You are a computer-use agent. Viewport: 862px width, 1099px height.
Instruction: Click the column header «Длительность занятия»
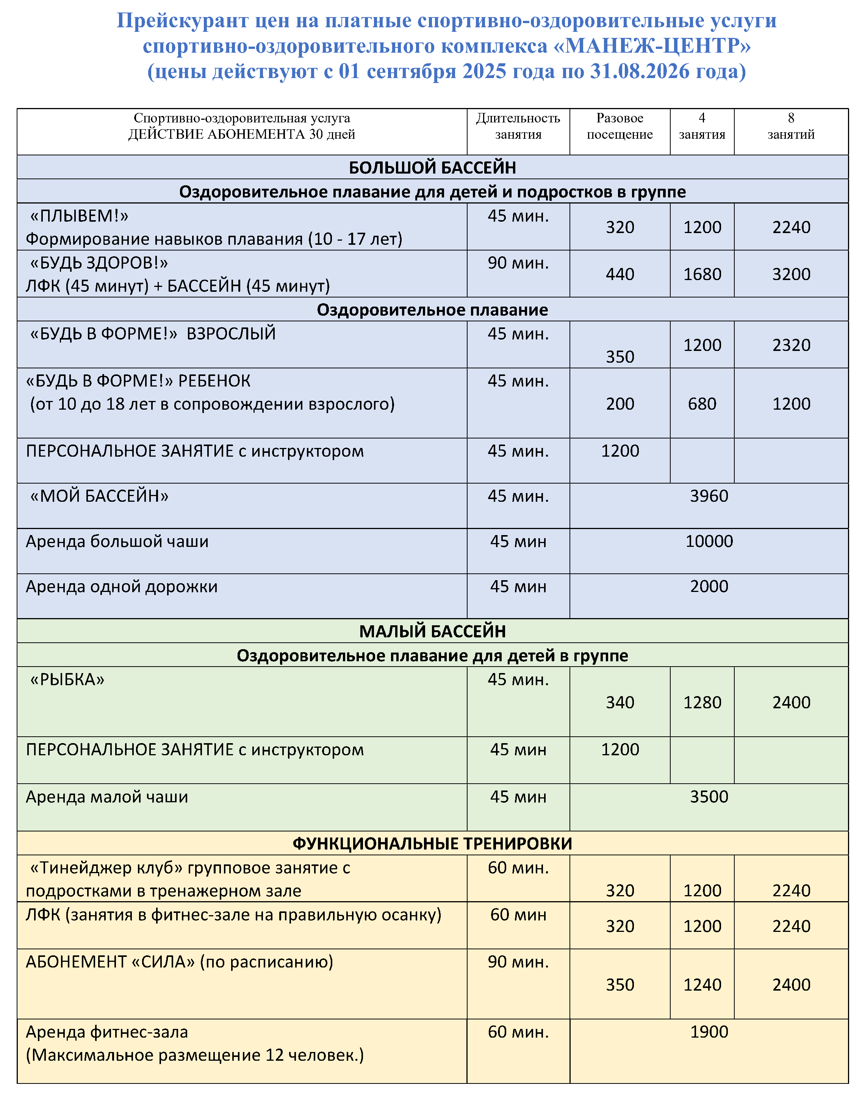tap(518, 126)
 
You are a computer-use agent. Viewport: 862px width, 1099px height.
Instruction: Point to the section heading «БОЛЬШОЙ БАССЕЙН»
tap(432, 168)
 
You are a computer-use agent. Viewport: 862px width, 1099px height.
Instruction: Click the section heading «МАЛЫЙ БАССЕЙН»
tap(432, 631)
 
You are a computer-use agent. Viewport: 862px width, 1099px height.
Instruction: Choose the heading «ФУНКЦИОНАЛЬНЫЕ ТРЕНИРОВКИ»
tap(432, 844)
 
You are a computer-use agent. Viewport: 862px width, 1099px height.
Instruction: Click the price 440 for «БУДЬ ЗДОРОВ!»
tap(620, 274)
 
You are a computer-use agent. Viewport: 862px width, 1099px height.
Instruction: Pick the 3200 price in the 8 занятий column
tap(791, 274)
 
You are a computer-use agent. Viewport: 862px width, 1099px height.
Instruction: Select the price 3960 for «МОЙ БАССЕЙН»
tap(709, 496)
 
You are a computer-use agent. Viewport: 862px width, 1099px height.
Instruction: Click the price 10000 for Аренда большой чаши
tap(709, 541)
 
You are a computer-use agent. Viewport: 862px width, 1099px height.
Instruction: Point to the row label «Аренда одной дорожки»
tap(122, 587)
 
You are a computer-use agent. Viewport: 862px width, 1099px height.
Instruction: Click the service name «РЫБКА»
tap(67, 679)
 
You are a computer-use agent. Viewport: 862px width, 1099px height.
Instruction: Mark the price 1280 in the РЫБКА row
tap(702, 702)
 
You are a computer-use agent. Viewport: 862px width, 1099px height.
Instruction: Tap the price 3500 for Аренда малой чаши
tap(709, 797)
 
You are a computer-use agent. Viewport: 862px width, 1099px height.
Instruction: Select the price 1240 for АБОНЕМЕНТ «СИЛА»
tap(702, 985)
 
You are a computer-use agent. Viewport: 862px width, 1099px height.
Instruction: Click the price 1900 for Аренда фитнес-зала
tap(709, 1032)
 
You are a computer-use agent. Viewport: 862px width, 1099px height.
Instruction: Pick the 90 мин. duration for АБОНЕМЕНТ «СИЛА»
tap(518, 962)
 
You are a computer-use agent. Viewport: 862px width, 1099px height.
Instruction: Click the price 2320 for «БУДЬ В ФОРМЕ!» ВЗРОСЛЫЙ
tap(791, 345)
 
